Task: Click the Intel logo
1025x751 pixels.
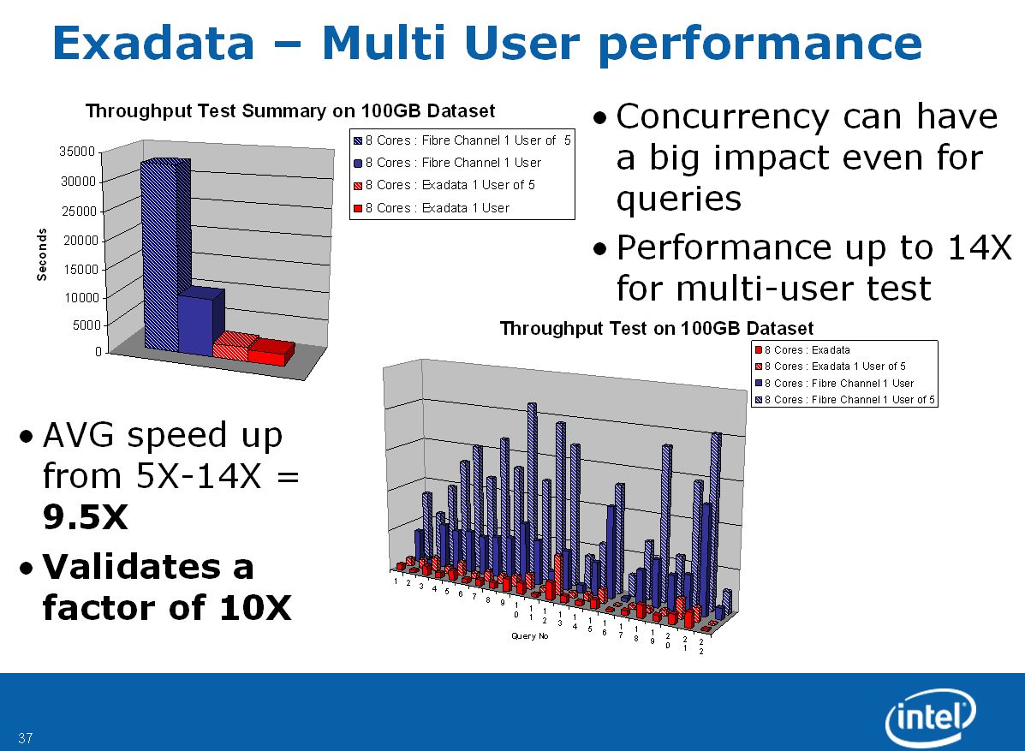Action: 930,717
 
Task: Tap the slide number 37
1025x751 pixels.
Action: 26,738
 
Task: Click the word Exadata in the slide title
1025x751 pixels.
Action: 153,43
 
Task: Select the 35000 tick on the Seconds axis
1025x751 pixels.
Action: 78,152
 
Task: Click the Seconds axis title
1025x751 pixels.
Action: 42,254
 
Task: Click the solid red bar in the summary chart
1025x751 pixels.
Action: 271,353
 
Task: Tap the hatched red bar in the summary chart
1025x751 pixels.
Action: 234,347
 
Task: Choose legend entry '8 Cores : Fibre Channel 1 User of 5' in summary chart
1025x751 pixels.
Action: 462,140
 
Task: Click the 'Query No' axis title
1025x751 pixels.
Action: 529,636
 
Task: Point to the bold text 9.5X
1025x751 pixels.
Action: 85,517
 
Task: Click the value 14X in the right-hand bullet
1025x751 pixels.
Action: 980,247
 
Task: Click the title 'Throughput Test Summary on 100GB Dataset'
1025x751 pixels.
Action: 290,111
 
